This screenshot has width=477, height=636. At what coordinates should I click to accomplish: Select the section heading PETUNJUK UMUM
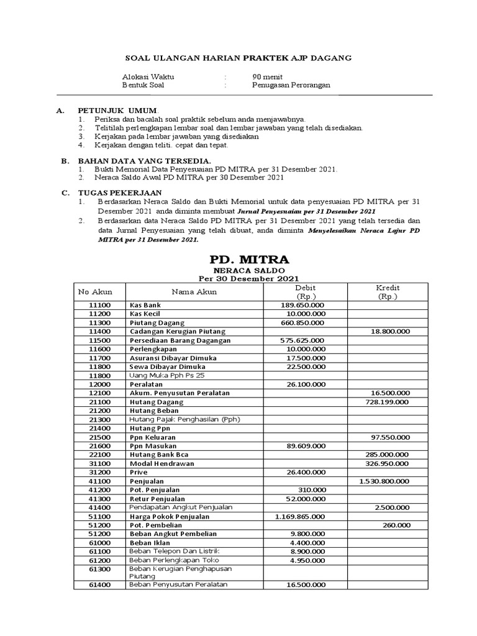pos(117,109)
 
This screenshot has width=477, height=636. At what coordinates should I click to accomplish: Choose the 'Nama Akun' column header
pos(194,292)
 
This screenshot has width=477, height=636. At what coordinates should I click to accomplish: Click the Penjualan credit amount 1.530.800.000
pos(384,481)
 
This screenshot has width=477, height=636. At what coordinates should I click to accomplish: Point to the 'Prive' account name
pos(139,472)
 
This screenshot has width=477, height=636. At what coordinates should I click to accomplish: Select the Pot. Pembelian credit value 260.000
pos(396,525)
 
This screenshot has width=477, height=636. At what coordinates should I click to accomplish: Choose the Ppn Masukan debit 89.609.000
pos(304,446)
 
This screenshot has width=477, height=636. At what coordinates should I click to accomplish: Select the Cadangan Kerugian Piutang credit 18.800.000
pos(389,332)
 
